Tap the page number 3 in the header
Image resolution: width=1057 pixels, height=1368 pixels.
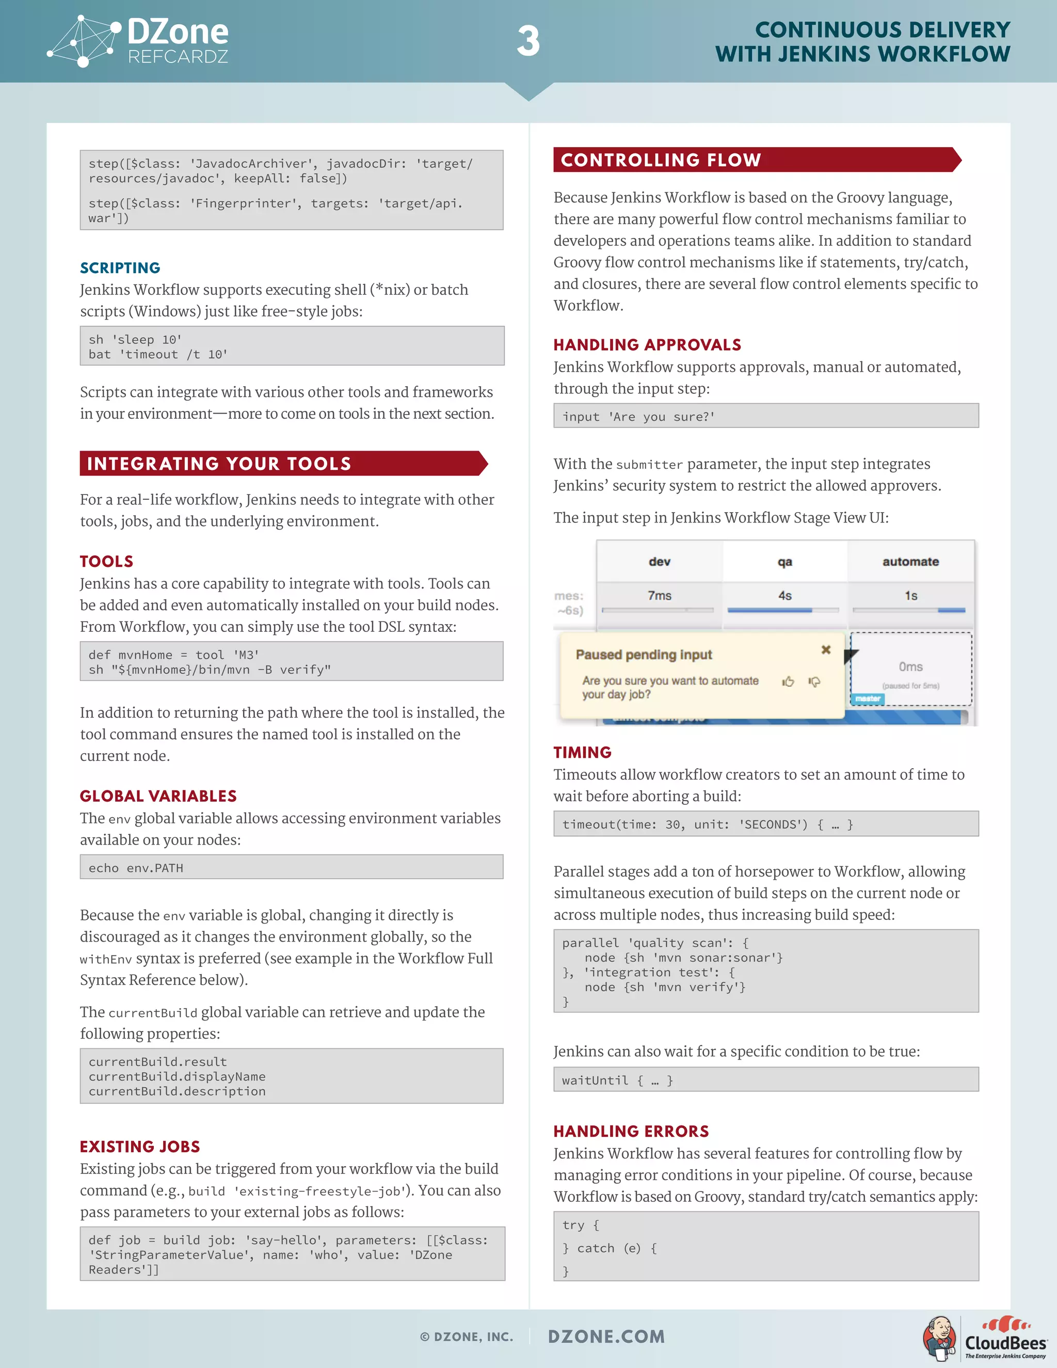point(528,42)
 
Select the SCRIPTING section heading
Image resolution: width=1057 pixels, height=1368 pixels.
point(120,268)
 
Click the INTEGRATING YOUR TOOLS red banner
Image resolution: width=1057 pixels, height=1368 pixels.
point(282,464)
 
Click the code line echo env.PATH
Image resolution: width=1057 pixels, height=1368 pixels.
point(136,868)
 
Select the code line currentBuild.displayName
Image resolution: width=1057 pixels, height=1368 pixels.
point(177,1077)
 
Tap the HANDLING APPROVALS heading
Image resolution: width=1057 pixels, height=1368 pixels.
point(647,345)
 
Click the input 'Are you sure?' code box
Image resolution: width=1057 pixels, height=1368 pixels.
point(765,417)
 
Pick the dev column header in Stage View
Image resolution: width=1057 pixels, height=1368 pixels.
point(660,562)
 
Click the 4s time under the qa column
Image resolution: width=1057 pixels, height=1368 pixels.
point(784,596)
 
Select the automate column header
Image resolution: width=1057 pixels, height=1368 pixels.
point(910,562)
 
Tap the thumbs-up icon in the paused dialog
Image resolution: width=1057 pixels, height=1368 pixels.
point(788,681)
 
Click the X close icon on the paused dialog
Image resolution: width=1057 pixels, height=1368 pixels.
point(826,650)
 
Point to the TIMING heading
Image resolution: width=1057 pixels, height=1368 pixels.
point(582,753)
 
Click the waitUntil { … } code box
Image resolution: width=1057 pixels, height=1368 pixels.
point(765,1080)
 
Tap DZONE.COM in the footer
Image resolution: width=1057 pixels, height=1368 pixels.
point(606,1337)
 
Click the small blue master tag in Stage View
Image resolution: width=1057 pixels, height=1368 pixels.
point(867,698)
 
